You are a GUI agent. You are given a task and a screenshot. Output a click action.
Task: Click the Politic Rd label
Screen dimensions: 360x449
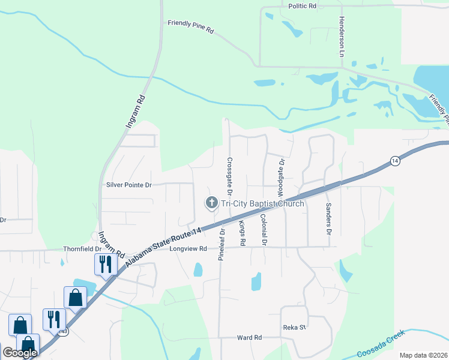[302, 6]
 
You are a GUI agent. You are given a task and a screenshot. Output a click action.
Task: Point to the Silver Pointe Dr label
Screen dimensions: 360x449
[128, 185]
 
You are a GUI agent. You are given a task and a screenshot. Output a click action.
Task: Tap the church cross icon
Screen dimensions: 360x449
[211, 203]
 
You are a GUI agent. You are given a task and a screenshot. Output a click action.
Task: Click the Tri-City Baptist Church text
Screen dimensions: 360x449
[263, 204]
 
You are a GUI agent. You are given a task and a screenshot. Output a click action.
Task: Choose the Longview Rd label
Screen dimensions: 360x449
[188, 249]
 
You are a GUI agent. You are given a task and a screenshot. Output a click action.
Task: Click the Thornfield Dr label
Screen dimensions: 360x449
[82, 248]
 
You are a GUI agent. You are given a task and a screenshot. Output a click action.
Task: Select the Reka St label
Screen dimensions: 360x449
[295, 328]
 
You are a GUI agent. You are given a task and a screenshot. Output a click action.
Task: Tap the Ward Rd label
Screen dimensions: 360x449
[249, 338]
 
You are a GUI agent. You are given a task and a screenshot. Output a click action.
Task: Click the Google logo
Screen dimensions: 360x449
[20, 353]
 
